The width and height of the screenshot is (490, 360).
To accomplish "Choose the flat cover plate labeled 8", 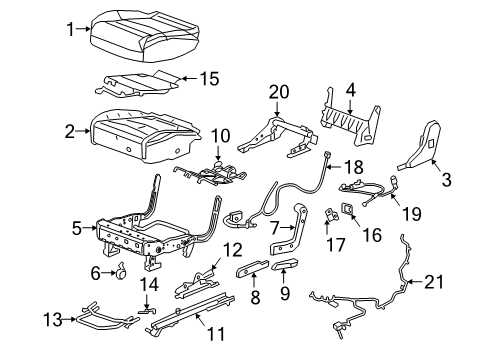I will (x=251, y=274).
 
